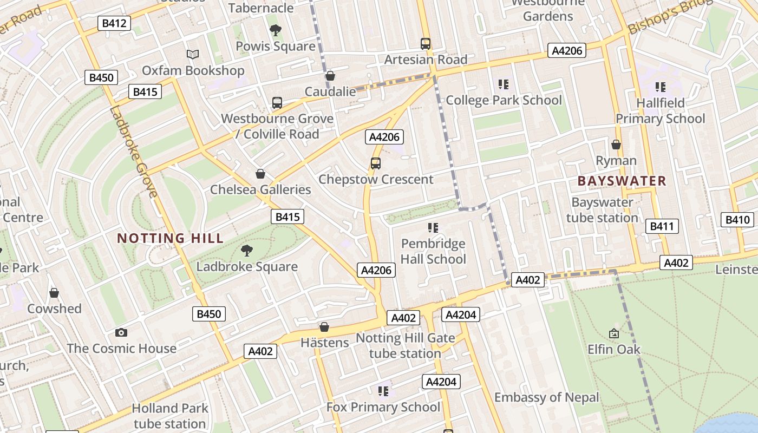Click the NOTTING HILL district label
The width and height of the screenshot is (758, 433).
[170, 238]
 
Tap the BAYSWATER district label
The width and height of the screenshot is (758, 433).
[622, 181]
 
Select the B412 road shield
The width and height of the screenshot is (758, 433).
[114, 23]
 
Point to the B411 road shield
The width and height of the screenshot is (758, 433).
[662, 226]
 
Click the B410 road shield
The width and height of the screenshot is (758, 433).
[737, 220]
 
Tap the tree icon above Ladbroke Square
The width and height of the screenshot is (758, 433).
[247, 251]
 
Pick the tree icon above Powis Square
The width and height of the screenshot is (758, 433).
[276, 30]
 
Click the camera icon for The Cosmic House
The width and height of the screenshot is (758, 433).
[121, 332]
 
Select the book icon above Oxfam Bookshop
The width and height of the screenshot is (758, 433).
[193, 54]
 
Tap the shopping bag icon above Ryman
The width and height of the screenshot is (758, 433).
[616, 145]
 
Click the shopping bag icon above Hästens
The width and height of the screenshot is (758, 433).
[324, 327]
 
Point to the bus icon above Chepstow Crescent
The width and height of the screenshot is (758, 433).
[375, 163]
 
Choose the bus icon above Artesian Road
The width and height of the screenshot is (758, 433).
[426, 43]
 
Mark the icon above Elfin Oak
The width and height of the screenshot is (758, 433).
[614, 333]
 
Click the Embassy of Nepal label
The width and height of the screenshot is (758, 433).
[546, 397]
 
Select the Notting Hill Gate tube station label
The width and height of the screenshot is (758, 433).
[405, 346]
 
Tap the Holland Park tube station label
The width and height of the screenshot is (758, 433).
[169, 415]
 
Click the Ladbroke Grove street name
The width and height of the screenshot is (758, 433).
[133, 152]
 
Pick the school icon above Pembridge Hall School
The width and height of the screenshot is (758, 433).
[433, 227]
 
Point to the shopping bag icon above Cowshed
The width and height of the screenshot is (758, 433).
[54, 293]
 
